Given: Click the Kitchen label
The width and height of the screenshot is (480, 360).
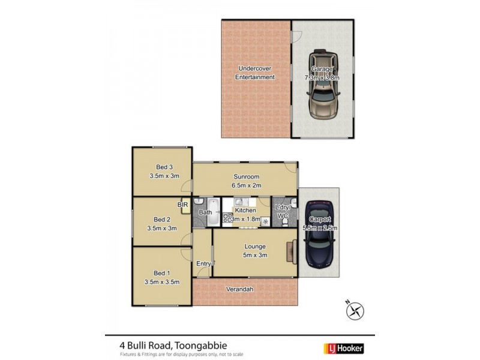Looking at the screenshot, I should click(245, 210).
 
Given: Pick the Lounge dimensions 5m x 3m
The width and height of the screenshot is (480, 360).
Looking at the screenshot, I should click(254, 255).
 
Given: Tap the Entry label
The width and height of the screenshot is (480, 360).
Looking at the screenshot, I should click(203, 264).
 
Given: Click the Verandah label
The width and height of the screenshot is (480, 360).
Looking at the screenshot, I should click(239, 289).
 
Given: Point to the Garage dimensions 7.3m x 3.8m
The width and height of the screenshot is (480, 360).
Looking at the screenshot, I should click(322, 78).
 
